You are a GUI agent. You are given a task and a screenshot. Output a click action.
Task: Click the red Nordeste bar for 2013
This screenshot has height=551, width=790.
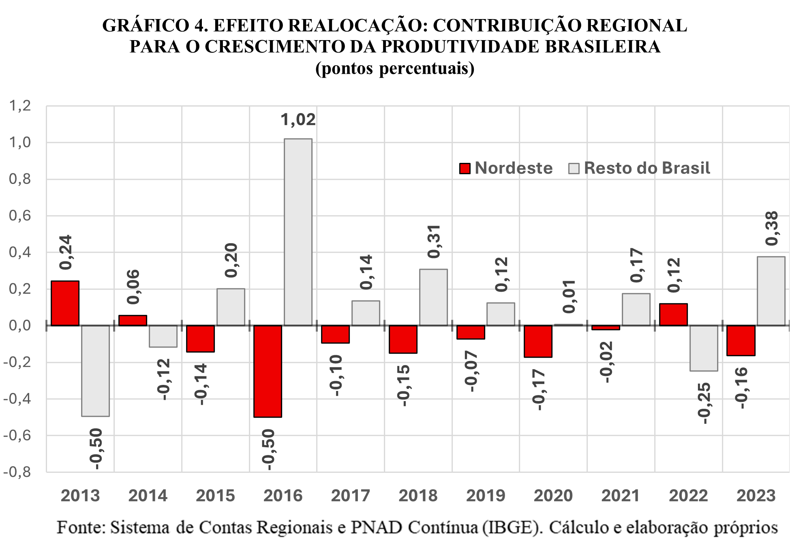pos(65,303)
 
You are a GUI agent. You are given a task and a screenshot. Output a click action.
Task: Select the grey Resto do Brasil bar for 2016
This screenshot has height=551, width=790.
pos(298,232)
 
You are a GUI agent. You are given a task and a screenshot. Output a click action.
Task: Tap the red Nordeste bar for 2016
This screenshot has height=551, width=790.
pos(268,371)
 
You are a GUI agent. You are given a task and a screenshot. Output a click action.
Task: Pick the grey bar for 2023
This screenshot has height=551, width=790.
pos(771,291)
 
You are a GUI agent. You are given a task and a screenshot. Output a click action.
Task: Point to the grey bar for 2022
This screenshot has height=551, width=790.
pos(704,348)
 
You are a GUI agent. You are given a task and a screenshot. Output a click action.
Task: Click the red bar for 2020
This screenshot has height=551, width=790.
pos(538,341)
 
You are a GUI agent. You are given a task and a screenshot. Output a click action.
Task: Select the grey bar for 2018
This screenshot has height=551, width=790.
pos(433,297)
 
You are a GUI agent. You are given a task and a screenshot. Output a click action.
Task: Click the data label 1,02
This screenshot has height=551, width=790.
pos(298,120)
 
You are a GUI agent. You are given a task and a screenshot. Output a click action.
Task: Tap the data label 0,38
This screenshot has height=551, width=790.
pos(771,228)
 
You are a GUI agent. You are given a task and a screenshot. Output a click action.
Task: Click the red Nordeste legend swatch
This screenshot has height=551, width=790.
pos(465,168)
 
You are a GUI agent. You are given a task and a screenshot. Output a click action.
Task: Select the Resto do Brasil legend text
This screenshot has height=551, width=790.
pos(647,168)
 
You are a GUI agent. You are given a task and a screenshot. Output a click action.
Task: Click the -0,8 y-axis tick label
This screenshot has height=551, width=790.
pos(17,472)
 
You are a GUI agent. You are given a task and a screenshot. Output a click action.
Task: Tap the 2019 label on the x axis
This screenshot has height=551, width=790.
pos(486,495)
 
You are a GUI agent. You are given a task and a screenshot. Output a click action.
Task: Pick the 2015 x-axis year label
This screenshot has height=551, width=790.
pos(215,495)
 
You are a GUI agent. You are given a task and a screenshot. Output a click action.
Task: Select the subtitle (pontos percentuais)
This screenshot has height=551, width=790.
pos(395,68)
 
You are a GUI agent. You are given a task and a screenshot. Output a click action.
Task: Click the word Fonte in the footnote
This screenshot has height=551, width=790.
pos(81,528)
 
